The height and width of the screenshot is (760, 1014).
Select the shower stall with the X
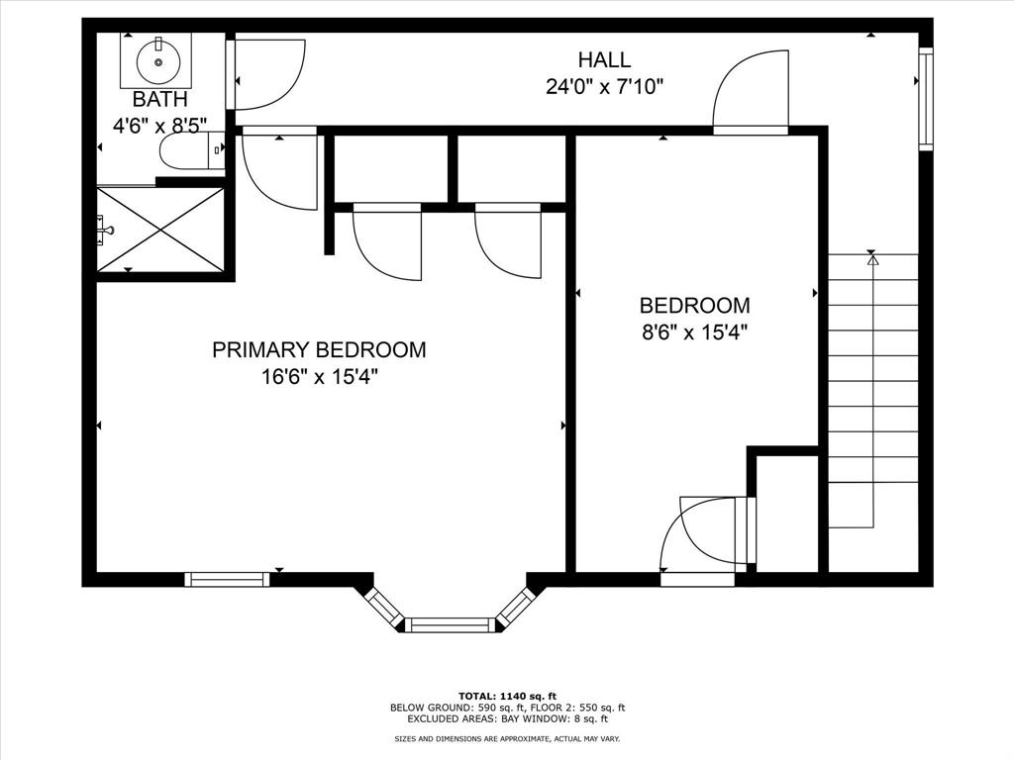click(160, 229)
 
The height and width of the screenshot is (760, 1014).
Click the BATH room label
click(159, 99)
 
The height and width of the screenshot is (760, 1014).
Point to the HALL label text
click(604, 60)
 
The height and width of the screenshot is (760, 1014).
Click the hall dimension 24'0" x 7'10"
click(604, 86)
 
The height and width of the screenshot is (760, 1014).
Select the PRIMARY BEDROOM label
click(319, 349)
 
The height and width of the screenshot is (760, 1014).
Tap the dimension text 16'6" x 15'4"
click(319, 376)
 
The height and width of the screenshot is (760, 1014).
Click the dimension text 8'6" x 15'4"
click(694, 332)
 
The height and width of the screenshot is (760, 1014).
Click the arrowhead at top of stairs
click(872, 261)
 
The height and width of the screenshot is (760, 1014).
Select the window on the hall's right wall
click(926, 99)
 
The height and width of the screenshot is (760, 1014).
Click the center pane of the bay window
click(451, 624)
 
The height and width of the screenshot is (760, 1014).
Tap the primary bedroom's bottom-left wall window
click(228, 579)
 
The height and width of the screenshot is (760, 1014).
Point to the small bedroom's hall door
click(751, 94)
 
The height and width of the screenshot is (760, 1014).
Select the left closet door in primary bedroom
click(387, 242)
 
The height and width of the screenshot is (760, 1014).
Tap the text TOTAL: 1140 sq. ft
click(506, 695)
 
